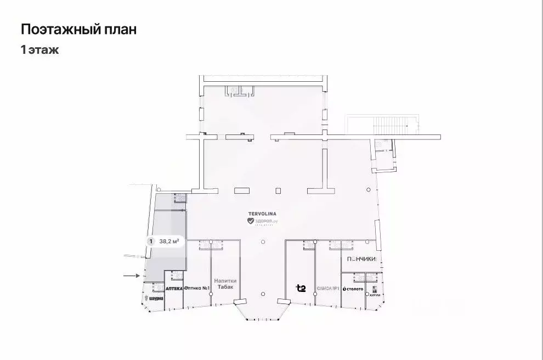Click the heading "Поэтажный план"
(78, 29)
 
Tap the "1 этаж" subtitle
(39, 50)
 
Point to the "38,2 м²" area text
(169, 240)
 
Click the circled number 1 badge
(151, 240)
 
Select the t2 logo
(301, 288)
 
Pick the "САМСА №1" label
(327, 288)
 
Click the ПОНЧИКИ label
(360, 259)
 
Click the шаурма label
(155, 299)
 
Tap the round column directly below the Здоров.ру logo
(263, 242)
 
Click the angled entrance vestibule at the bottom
(262, 310)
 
